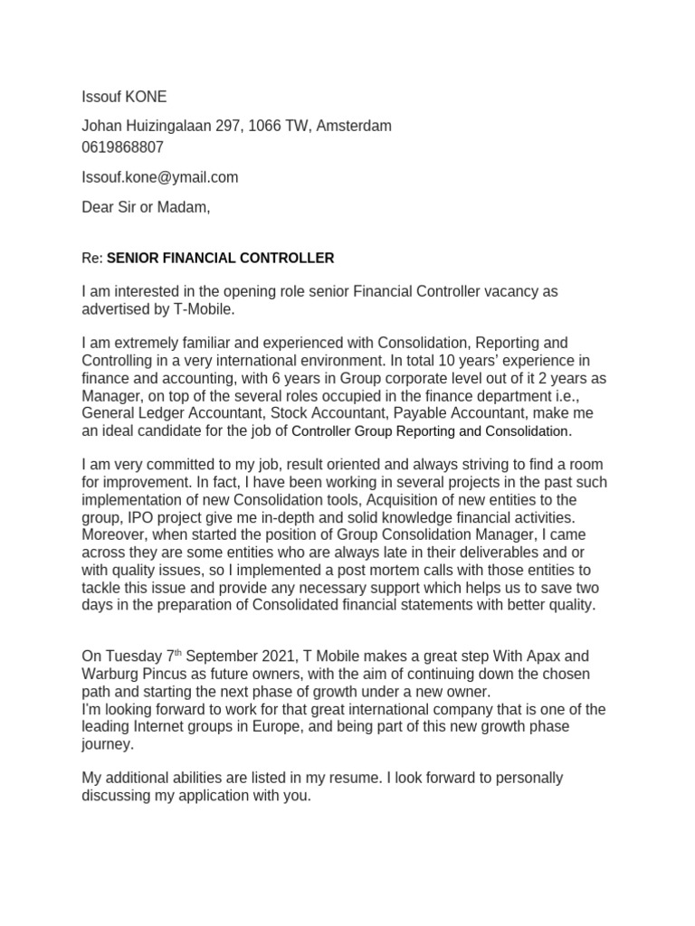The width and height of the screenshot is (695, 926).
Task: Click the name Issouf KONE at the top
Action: point(124,97)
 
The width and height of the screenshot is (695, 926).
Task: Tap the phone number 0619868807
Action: point(123,146)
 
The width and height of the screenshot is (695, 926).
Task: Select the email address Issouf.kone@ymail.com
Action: point(160,177)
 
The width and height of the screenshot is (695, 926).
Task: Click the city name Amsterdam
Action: point(354,126)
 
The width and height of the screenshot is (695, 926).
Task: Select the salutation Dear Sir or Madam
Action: point(146,207)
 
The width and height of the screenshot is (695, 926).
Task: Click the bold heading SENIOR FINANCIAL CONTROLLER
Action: point(220,258)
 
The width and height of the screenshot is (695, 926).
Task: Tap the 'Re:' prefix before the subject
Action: point(92,258)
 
